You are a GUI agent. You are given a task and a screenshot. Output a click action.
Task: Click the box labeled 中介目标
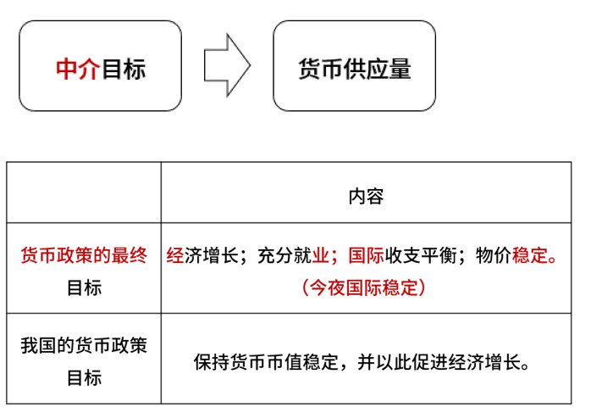tap(100, 65)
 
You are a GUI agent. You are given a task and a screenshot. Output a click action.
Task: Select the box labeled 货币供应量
tap(354, 65)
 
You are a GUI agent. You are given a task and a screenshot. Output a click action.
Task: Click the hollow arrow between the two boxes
tap(227, 65)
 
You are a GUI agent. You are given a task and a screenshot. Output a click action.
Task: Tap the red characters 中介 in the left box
tap(78, 69)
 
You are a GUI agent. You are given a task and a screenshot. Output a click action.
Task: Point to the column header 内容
tap(366, 196)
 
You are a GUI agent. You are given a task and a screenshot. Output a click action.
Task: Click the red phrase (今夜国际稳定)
tap(364, 287)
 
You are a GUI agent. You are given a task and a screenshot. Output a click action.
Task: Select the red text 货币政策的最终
tap(84, 255)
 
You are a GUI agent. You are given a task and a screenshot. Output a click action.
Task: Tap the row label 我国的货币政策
tap(84, 345)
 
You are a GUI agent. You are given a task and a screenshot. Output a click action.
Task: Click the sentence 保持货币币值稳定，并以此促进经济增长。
tap(362, 362)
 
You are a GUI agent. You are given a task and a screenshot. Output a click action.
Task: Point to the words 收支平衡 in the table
tap(421, 255)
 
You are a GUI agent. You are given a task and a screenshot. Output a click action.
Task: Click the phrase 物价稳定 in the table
tap(512, 255)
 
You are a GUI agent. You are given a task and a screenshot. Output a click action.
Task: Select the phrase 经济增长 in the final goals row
tap(202, 255)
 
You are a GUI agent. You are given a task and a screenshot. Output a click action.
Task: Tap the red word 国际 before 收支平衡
tap(367, 255)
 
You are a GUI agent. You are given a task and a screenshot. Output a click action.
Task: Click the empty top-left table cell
tap(84, 193)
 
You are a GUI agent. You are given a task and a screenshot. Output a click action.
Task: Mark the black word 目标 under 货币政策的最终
tap(84, 287)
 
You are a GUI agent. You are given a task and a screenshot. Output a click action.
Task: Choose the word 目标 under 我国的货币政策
tap(84, 378)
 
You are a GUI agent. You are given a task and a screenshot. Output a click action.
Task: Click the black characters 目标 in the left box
tap(124, 69)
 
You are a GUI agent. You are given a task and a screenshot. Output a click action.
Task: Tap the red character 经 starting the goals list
tap(175, 255)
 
